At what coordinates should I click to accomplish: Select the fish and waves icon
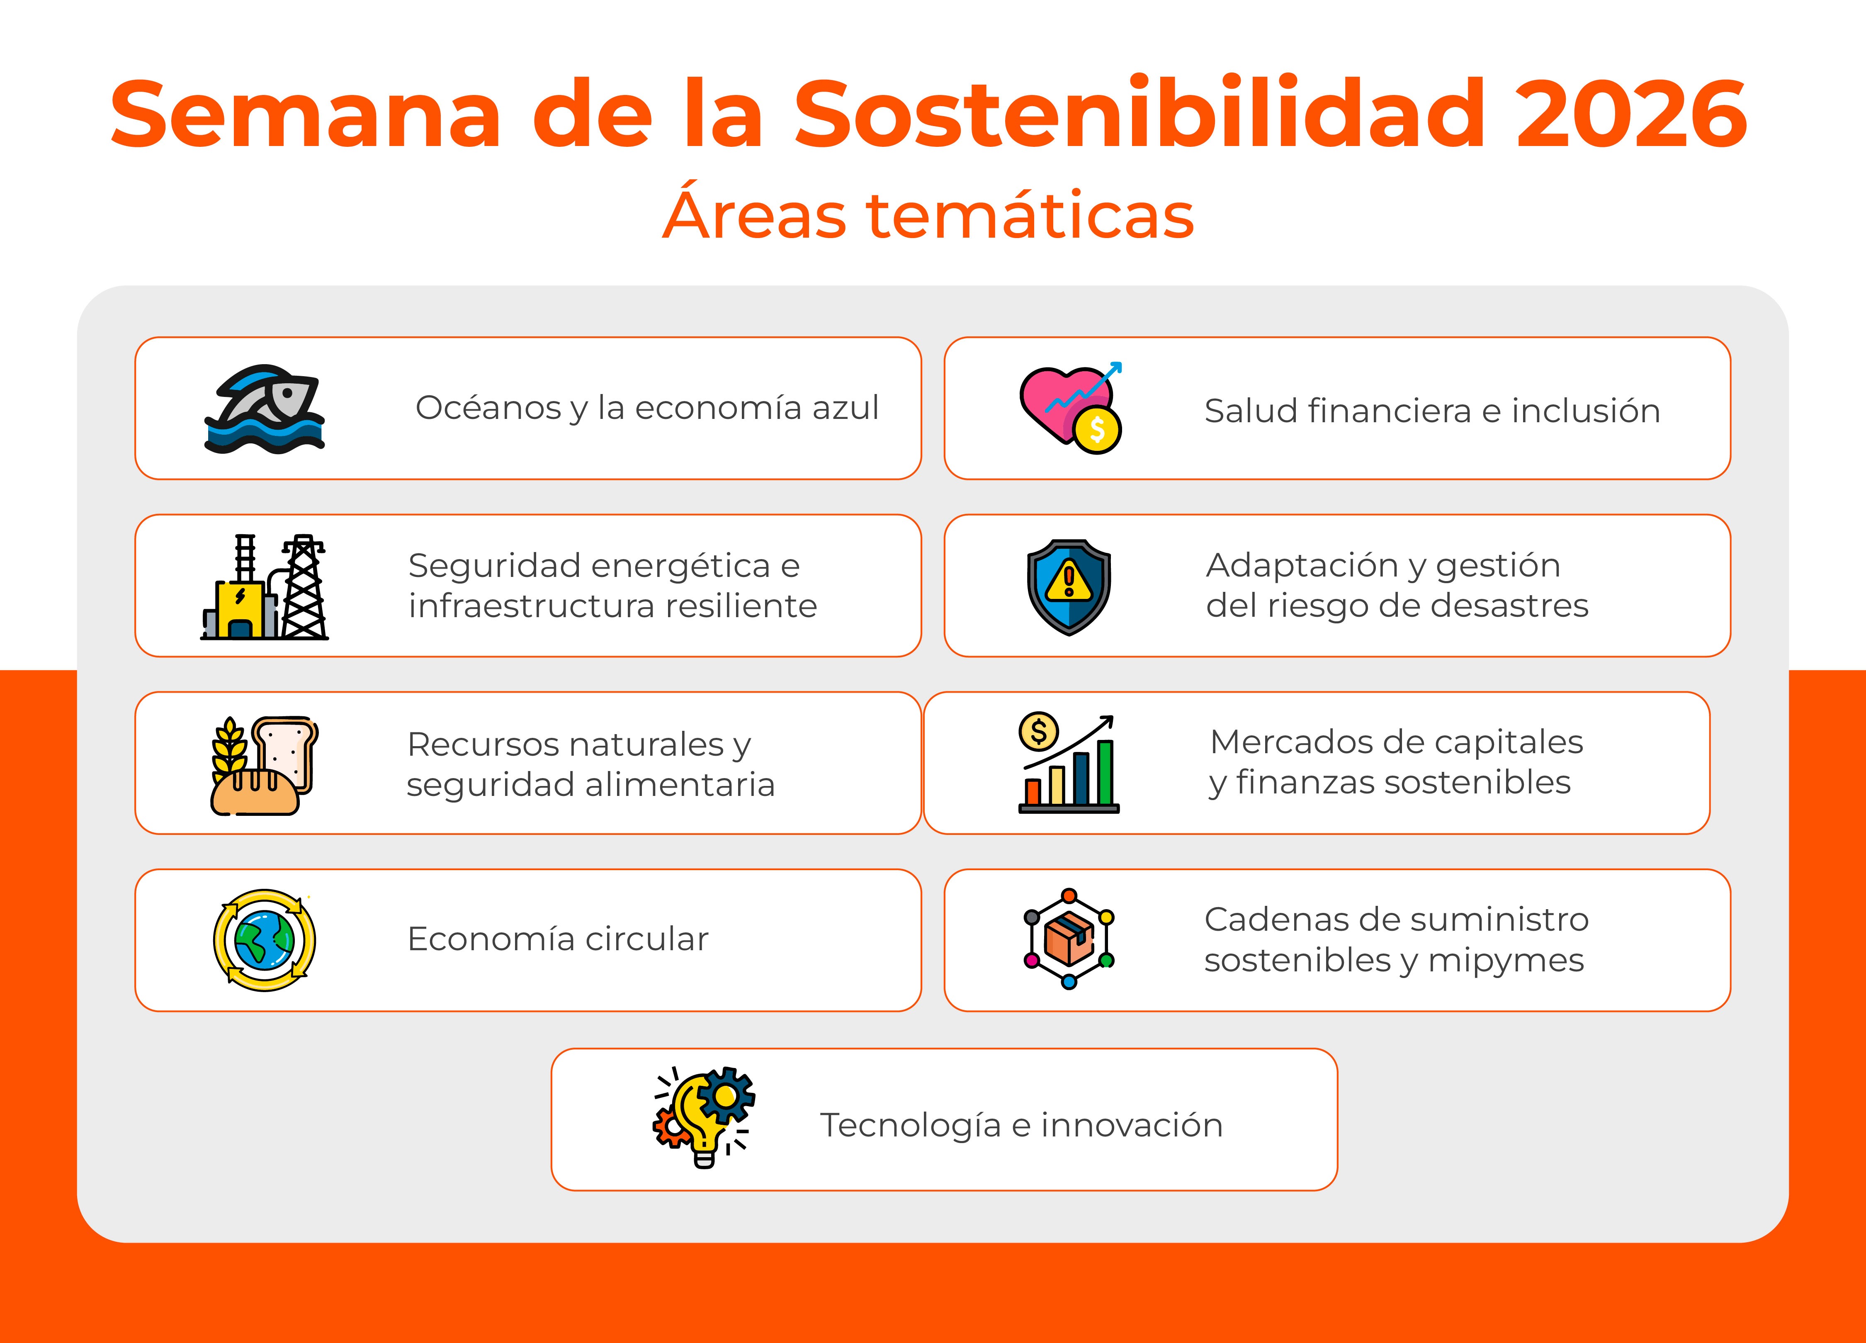[x=265, y=409]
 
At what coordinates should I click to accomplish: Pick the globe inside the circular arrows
[x=264, y=940]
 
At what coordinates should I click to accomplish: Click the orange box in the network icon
[x=1069, y=940]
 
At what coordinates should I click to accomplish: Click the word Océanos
[x=488, y=408]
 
